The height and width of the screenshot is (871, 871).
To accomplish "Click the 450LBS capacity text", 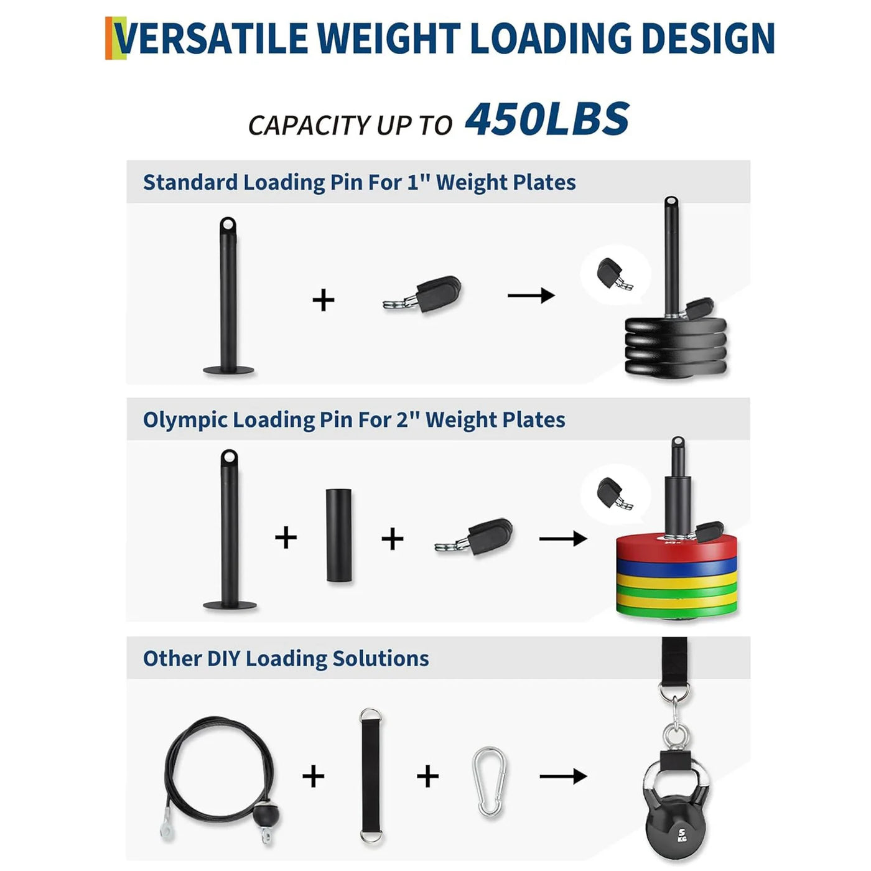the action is [x=547, y=119].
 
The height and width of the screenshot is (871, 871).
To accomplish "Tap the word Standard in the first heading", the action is [x=190, y=182].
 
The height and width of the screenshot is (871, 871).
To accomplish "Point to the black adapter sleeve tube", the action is [x=338, y=535].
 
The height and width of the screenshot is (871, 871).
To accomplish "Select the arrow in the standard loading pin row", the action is [x=531, y=296].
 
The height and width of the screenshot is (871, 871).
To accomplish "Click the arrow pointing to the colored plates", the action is [x=563, y=538].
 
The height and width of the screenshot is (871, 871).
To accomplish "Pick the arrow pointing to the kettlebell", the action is [x=563, y=776].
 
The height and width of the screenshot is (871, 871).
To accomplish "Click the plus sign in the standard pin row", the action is [x=324, y=300].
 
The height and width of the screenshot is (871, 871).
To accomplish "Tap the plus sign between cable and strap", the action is [x=313, y=776].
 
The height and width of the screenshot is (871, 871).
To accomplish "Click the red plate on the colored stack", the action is [x=677, y=547].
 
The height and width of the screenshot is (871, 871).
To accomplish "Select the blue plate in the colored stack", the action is [x=677, y=566].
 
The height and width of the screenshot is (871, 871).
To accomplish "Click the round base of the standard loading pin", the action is [x=229, y=370].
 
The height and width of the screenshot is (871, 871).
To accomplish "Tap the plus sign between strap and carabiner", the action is [x=427, y=776].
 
